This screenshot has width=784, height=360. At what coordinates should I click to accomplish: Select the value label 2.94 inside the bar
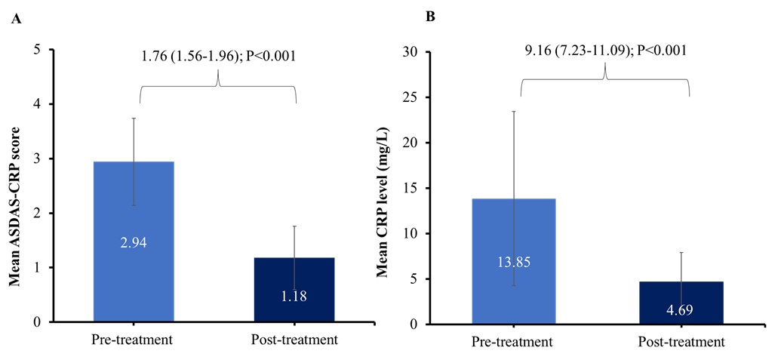(134, 242)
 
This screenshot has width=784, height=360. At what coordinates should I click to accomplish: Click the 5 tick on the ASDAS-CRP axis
(38, 50)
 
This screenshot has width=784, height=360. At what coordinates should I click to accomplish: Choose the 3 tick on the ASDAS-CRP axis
(38, 158)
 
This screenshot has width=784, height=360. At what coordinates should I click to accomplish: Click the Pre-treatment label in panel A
(134, 340)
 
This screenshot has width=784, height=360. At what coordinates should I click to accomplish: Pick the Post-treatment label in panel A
(294, 340)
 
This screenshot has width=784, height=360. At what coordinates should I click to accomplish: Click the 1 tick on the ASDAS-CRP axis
(38, 268)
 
